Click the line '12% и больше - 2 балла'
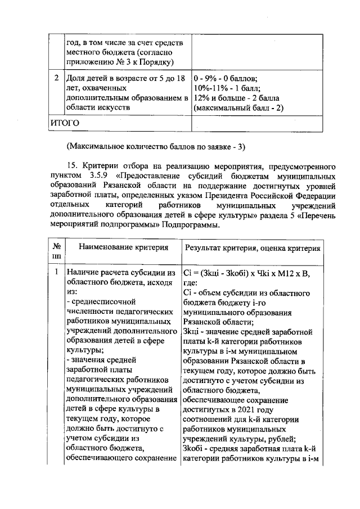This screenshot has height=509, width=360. (232, 97)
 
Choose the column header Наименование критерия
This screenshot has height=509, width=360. (123, 247)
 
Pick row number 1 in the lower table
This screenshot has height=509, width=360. (56, 273)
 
